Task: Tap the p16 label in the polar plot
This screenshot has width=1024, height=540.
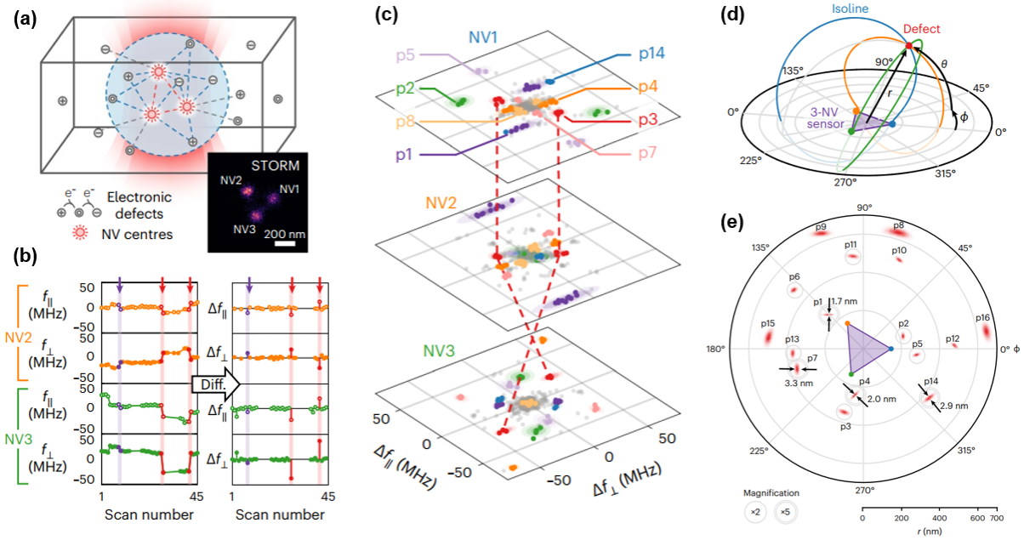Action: (982, 317)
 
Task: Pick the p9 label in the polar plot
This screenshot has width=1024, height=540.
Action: (821, 227)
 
